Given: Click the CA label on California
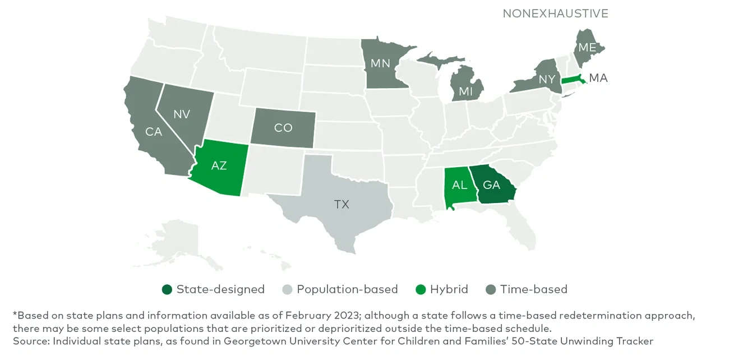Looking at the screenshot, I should [x=153, y=132].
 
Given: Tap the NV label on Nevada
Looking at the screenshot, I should [x=181, y=114].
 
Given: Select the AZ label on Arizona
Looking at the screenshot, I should [x=219, y=165].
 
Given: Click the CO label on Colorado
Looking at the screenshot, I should [x=283, y=128].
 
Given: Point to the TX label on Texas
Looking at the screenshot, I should [x=342, y=204].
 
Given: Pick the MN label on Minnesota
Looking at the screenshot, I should [x=380, y=63].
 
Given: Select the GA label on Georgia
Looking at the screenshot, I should [x=491, y=185].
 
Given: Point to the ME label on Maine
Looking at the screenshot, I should [x=587, y=48].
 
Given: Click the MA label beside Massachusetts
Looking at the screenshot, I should [x=598, y=78].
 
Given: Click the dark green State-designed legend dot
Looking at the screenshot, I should [x=167, y=289].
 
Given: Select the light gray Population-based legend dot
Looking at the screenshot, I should [x=287, y=289].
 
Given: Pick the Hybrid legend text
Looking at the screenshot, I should [x=449, y=289].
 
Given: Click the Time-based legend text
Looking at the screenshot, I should [x=534, y=289].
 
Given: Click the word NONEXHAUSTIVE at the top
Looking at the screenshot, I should [x=555, y=13].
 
